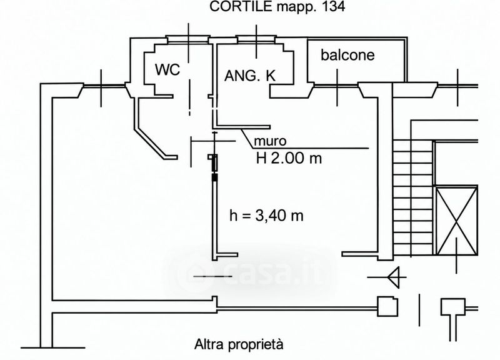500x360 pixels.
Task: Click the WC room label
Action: (x=167, y=69)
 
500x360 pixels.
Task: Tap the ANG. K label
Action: (x=250, y=76)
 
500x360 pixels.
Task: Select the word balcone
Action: (x=347, y=55)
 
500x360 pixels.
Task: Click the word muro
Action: (x=270, y=141)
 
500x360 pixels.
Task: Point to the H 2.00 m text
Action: (x=289, y=158)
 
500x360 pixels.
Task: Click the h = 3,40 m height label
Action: (x=267, y=216)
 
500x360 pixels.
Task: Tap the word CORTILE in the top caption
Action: (x=241, y=6)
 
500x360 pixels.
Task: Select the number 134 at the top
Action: (x=334, y=6)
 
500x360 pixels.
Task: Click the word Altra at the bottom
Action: (x=206, y=344)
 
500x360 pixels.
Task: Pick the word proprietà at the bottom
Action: (x=252, y=345)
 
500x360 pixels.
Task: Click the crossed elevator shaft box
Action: (x=457, y=221)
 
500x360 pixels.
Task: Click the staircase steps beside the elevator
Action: (x=413, y=197)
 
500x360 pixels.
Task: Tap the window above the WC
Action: (x=188, y=39)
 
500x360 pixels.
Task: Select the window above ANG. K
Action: (x=256, y=39)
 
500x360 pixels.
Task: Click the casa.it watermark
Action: (x=252, y=274)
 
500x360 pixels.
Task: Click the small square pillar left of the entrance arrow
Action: (x=387, y=306)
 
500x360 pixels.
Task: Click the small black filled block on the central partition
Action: (x=214, y=177)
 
